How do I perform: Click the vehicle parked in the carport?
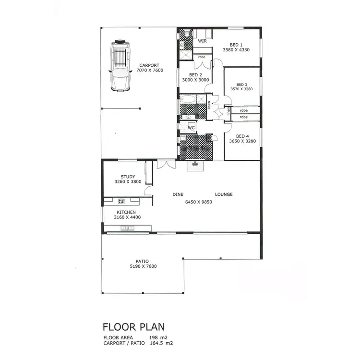point(120,65)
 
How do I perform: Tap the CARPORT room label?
point(149,65)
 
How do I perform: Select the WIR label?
point(202,41)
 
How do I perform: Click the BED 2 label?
point(195,75)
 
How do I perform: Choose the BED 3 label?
point(242,84)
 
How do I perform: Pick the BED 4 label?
point(242,136)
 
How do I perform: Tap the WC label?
point(191,128)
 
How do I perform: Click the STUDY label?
point(128,177)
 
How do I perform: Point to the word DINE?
point(179,194)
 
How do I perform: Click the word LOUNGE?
point(224,194)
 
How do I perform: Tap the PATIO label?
point(142,261)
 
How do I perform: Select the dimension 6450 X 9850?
point(199,202)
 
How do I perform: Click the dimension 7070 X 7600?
point(149,71)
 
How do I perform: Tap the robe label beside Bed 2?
point(202,57)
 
